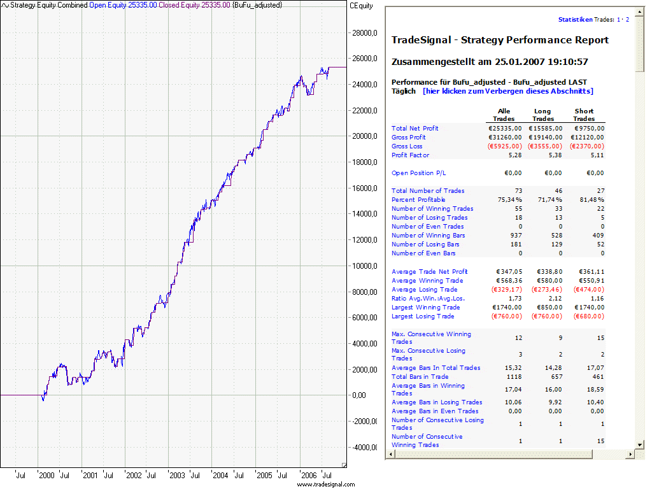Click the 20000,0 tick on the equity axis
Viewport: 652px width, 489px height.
click(365, 136)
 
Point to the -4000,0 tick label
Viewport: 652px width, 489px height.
click(364, 447)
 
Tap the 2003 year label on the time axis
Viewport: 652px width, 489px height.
click(177, 475)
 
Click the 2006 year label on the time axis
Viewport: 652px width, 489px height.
click(308, 475)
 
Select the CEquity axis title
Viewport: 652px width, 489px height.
click(362, 5)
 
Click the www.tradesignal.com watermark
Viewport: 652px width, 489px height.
click(325, 485)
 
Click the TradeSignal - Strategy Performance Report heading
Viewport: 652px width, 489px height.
click(500, 40)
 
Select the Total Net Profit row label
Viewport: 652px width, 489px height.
click(415, 129)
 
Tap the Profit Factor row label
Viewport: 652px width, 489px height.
click(410, 155)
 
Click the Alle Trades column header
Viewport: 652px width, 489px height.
click(504, 115)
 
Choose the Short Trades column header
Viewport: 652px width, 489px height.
click(584, 115)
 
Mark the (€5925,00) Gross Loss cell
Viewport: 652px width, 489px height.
click(504, 146)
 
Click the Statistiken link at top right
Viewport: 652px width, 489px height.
click(575, 20)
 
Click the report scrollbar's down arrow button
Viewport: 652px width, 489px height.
click(639, 444)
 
